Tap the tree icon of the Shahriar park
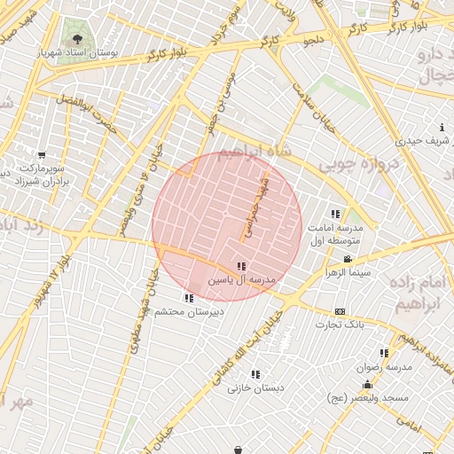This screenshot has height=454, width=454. point(77,39)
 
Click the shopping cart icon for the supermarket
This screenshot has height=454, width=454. point(42,156)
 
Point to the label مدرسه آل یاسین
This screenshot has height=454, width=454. point(242,279)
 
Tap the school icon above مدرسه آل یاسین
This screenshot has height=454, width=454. point(241,266)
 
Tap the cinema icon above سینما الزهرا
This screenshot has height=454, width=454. point(347,260)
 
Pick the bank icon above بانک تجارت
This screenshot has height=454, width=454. point(340,312)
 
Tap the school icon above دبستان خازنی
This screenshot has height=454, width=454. point(256,375)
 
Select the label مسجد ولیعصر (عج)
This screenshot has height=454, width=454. point(367,398)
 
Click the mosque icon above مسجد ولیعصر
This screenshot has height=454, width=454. point(367,385)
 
